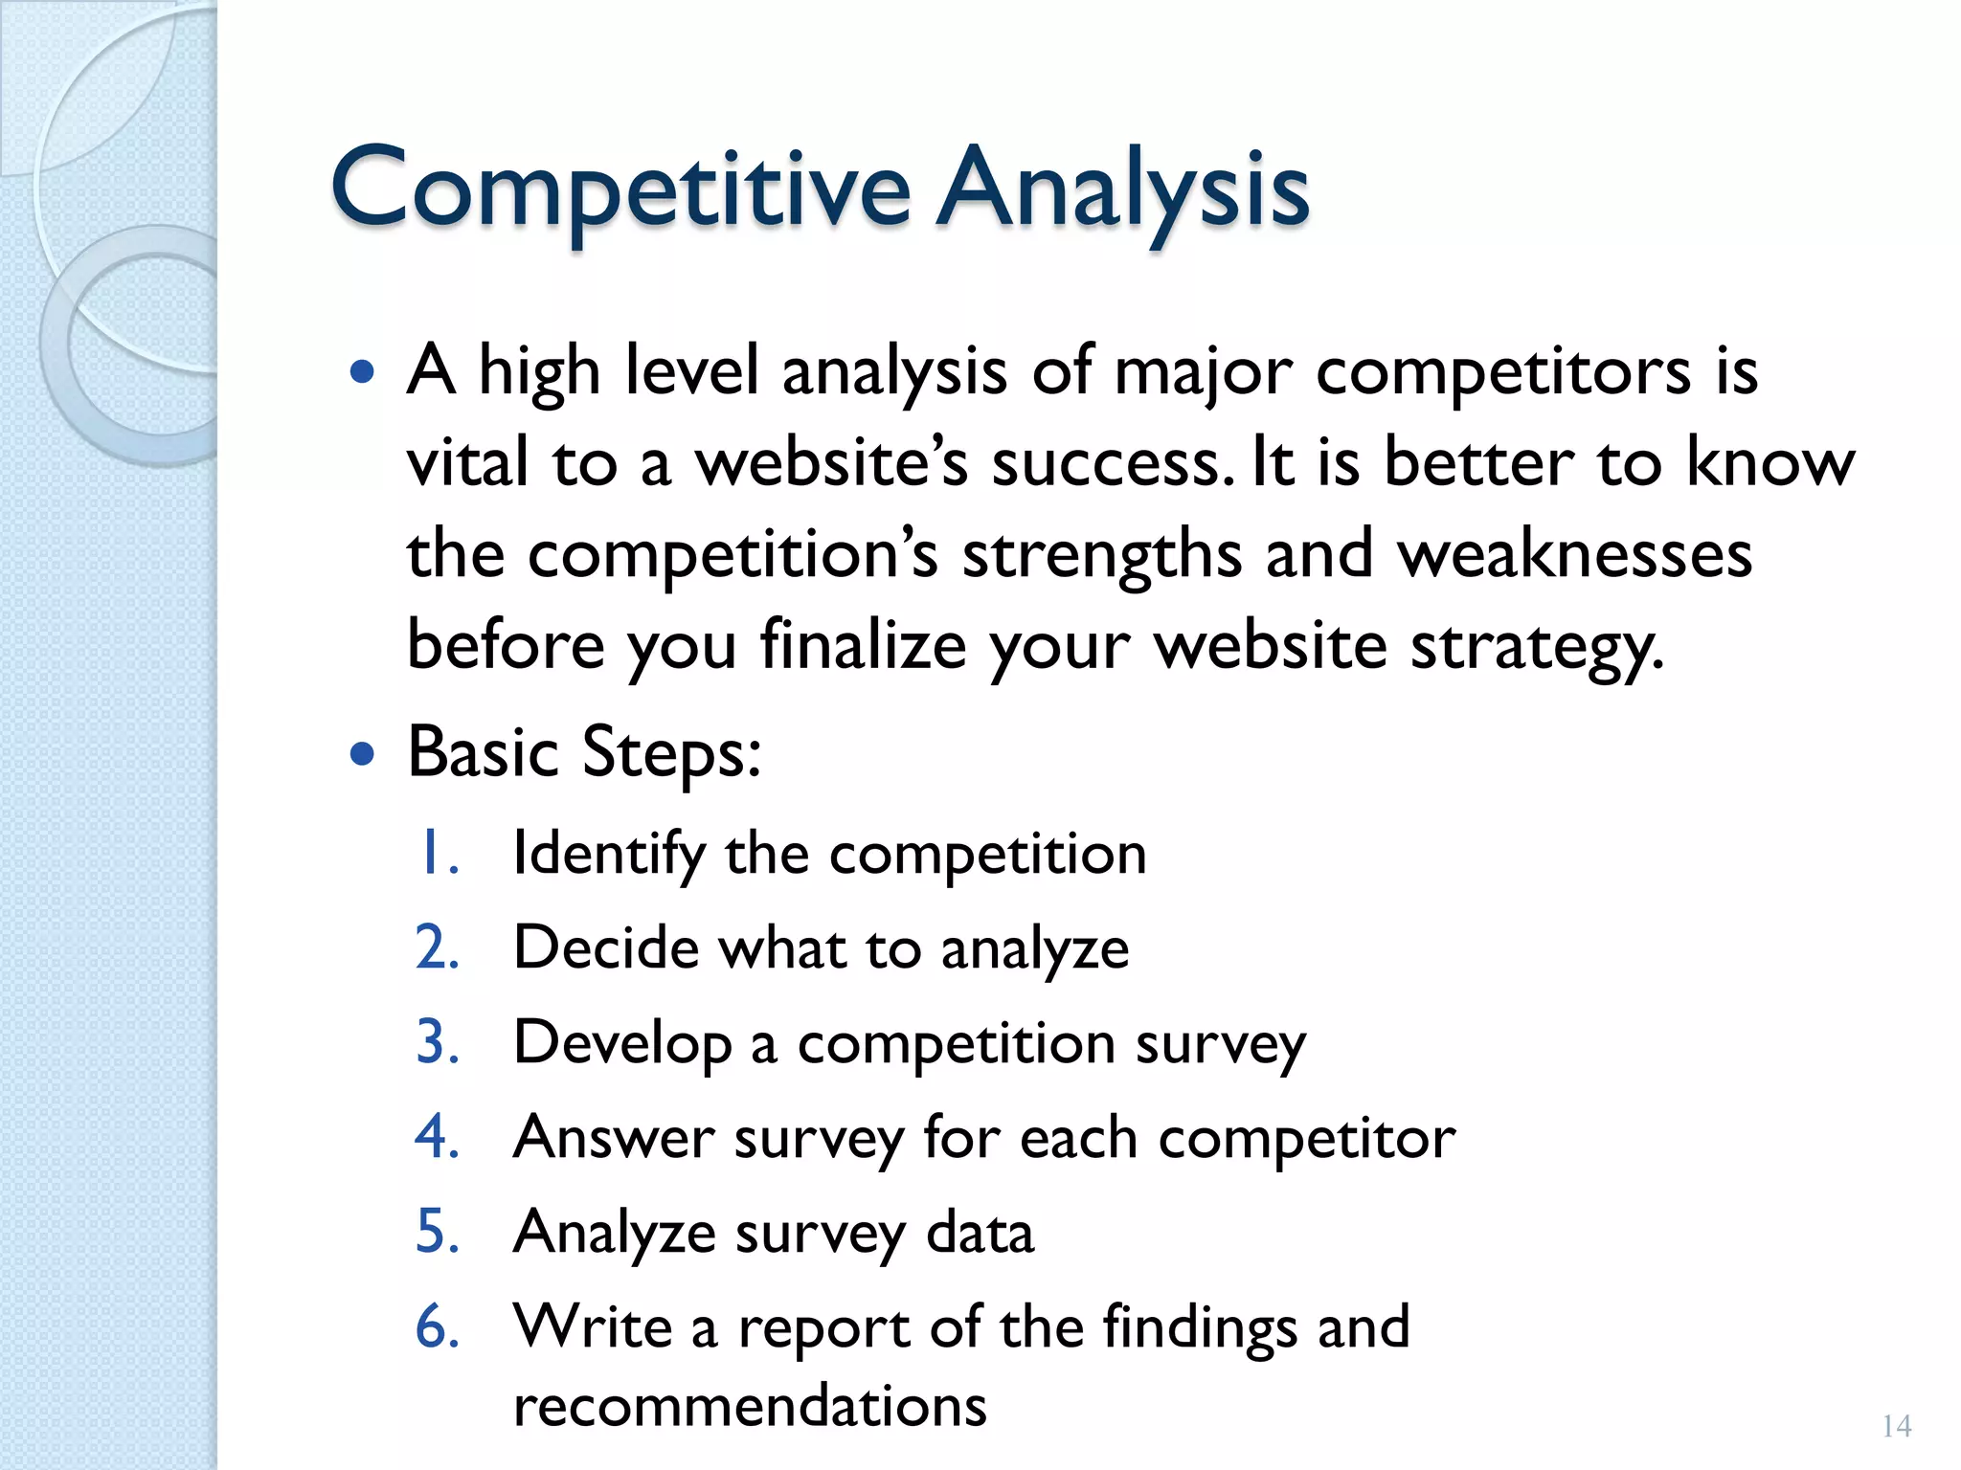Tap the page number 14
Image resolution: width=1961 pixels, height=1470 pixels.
pos(1896,1426)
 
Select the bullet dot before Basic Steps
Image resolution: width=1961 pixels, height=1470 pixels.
pos(362,754)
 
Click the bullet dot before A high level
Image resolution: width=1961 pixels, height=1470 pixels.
pos(362,371)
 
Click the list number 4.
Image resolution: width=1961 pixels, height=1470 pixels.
pos(437,1137)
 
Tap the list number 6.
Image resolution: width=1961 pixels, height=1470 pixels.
pos(437,1326)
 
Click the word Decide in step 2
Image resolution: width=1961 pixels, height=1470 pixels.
pos(607,948)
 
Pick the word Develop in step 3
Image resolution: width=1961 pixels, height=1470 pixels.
pos(622,1044)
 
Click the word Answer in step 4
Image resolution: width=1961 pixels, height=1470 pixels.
pos(613,1137)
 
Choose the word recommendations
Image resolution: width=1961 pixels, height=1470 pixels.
pos(750,1406)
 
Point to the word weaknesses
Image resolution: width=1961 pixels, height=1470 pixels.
pos(1574,555)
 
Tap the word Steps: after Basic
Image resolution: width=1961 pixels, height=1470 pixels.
pos(671,754)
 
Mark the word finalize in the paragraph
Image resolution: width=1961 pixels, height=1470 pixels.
pos(863,646)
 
